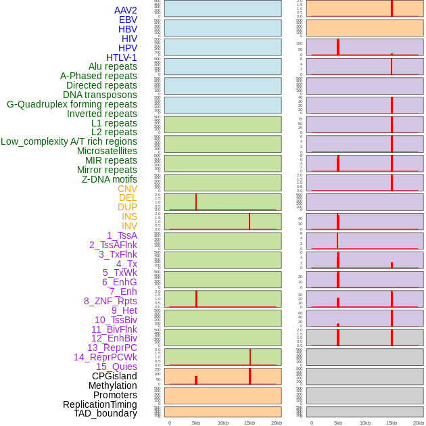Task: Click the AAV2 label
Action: coord(126,10)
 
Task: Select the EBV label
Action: coord(128,20)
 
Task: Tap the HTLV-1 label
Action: coord(122,57)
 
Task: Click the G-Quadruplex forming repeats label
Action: coord(72,104)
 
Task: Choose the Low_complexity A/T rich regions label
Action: coord(69,141)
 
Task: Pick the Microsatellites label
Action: coord(107,151)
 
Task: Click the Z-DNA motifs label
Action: coord(110,179)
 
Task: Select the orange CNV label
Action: coord(127,189)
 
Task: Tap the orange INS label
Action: coord(129,216)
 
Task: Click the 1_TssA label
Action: coord(122,235)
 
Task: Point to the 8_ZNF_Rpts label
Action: coord(110,301)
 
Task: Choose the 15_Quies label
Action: coord(116,366)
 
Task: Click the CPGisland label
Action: coord(114,376)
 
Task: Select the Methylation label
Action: coord(113,385)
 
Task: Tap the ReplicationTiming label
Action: coord(100,404)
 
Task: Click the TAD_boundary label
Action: coord(105,413)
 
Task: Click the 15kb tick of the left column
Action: coord(250,423)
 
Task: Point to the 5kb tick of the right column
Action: coord(338,423)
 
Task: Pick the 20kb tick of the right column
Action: coord(419,423)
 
